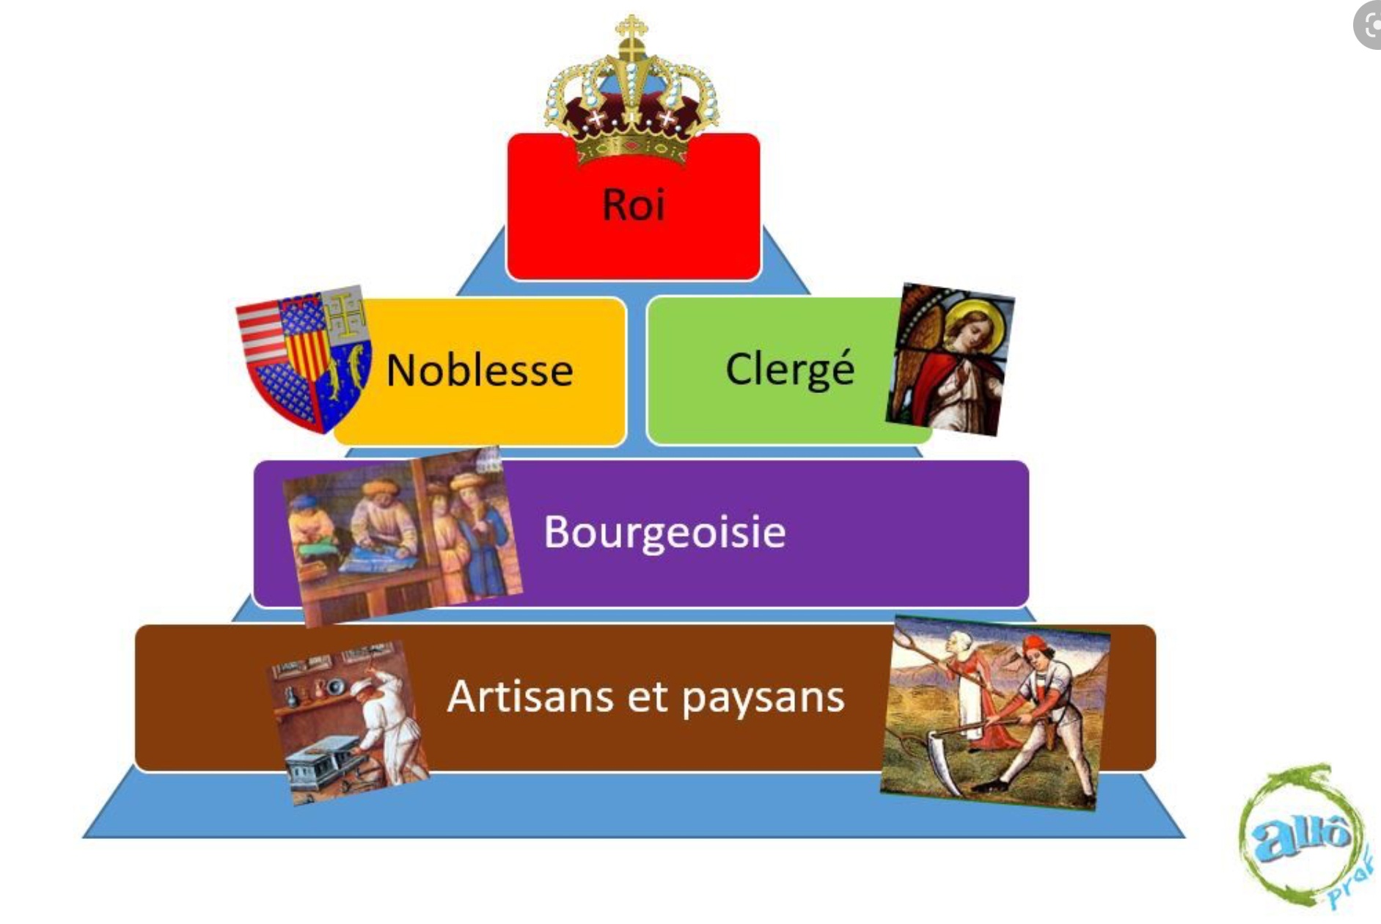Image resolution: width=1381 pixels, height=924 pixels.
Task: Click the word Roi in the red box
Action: coord(634,204)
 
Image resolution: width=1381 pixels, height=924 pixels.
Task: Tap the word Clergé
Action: coord(790,369)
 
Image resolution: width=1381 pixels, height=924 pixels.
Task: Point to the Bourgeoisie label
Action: coord(664,532)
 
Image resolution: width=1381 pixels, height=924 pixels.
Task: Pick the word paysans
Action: coord(763,698)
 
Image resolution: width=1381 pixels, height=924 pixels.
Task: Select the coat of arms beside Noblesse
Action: coord(304,359)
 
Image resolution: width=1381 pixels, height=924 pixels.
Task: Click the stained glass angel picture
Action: coord(950,359)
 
